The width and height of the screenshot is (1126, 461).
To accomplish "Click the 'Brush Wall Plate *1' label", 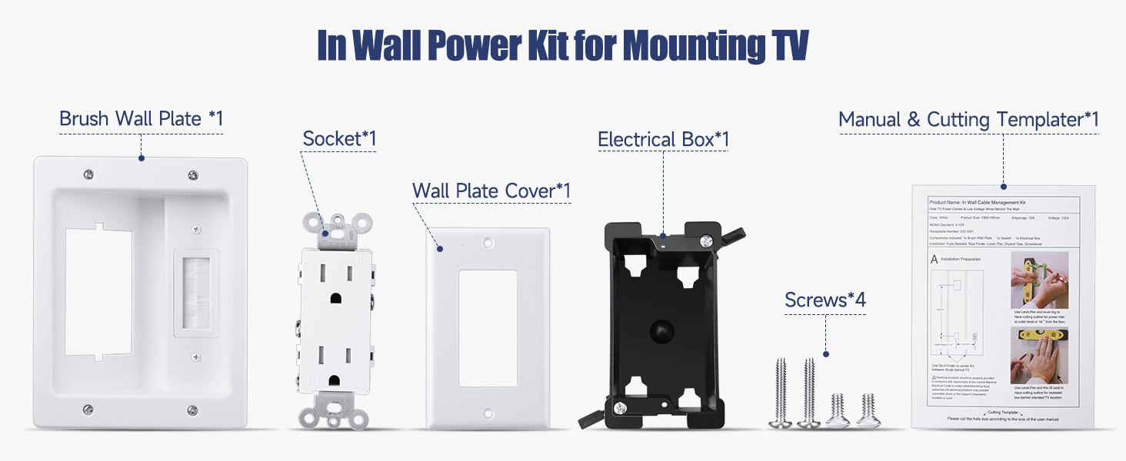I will (x=141, y=119).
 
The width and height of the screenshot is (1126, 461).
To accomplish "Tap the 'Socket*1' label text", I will (x=339, y=139).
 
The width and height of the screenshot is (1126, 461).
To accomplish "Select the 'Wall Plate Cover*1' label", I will (x=491, y=191).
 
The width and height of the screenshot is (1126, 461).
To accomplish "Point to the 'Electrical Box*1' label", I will (x=663, y=140).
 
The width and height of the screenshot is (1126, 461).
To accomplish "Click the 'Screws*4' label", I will (x=825, y=300).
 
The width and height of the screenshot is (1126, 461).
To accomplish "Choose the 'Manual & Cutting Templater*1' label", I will (x=968, y=120).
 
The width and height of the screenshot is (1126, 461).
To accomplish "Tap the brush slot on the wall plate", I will (x=194, y=292).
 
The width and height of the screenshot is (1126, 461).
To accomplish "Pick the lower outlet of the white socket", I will (x=338, y=361).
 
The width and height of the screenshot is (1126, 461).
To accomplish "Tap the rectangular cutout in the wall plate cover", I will (x=488, y=327).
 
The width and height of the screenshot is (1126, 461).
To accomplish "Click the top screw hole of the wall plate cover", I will (x=488, y=242).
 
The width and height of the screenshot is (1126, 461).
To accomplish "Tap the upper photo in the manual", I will (x=1039, y=280).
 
